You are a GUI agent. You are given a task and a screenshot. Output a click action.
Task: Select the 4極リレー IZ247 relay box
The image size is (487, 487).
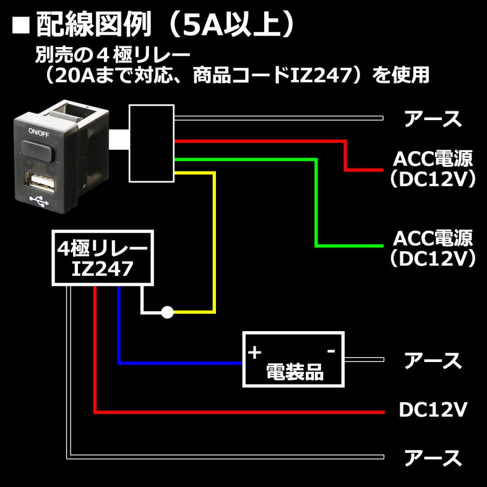(x=102, y=258)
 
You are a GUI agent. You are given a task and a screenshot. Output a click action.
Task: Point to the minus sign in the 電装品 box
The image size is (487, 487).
(x=332, y=352)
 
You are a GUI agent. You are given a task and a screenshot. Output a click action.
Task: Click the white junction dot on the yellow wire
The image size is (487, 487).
(x=168, y=312)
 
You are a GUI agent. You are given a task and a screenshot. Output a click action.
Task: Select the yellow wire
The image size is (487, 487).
(x=215, y=243)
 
